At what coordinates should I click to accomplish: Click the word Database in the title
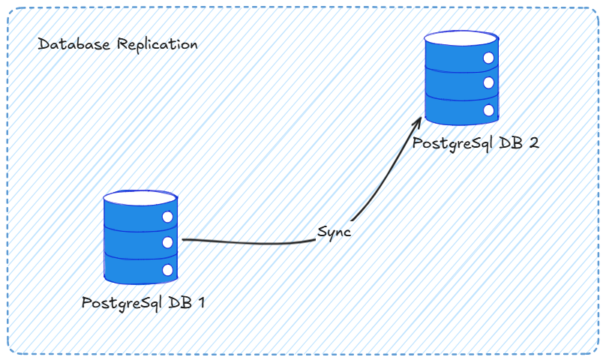coord(73,45)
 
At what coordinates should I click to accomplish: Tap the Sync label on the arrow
coord(334,232)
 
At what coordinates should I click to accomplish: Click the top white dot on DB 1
coord(167,216)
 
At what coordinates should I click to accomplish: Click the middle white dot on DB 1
coord(167,241)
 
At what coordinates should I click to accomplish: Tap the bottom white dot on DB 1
coord(167,269)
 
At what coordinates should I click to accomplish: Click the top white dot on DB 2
coord(489,58)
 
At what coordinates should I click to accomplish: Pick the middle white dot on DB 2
coord(489,82)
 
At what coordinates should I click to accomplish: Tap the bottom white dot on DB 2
coord(489,109)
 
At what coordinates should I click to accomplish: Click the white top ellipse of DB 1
coord(140,198)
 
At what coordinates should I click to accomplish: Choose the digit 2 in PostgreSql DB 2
coord(533,143)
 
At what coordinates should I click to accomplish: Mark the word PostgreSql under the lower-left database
coord(121,304)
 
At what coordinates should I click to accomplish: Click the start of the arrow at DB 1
coord(184,240)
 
